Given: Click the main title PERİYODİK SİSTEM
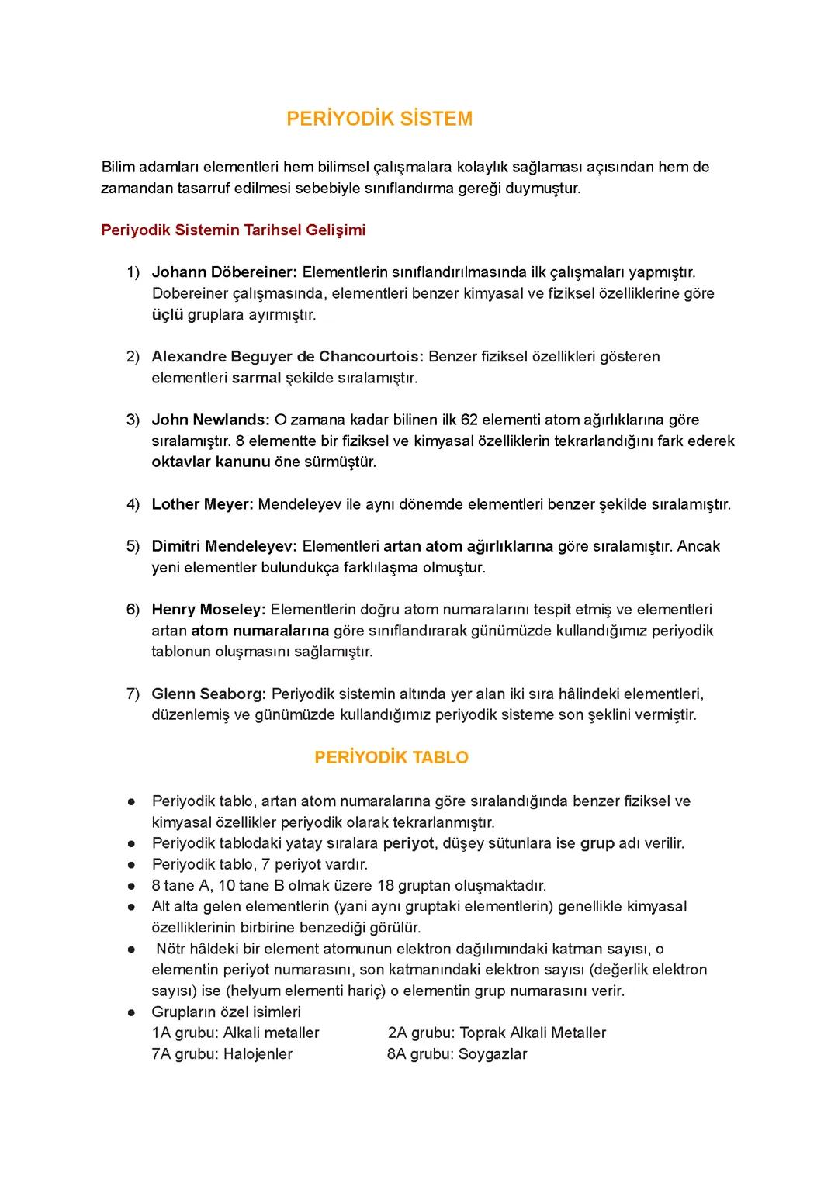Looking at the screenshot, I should [x=379, y=119].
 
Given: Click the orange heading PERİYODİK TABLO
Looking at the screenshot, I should [x=391, y=758].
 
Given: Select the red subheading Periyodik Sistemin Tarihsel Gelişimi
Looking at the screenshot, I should [x=233, y=230].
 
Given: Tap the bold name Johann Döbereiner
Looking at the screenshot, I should [x=224, y=272].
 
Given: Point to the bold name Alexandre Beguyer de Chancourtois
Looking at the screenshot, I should [x=287, y=357].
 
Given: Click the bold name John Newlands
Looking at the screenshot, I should [x=210, y=420].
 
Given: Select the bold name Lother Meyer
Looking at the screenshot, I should [x=202, y=504].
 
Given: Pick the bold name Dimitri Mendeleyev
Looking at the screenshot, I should [x=224, y=546].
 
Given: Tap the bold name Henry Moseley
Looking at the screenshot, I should [x=208, y=610].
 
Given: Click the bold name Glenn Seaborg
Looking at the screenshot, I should [x=209, y=694].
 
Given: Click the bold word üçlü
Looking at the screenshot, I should [x=167, y=315].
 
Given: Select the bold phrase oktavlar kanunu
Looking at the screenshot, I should [x=210, y=462].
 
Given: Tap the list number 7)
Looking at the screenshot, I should [x=133, y=694].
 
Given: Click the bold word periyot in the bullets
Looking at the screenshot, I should [x=408, y=843].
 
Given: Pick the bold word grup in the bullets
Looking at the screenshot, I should [x=597, y=843].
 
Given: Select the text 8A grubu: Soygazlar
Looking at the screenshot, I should [x=457, y=1054].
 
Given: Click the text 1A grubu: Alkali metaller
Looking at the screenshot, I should [x=235, y=1033].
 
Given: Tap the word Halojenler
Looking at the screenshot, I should [x=258, y=1054].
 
